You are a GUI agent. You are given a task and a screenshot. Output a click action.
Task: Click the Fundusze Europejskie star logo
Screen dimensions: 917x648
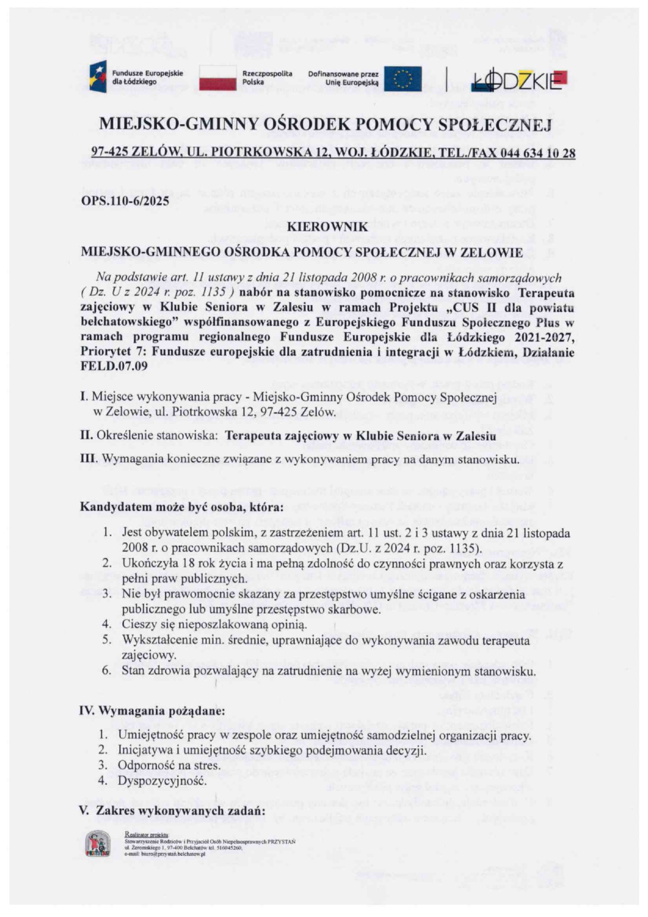(98, 77)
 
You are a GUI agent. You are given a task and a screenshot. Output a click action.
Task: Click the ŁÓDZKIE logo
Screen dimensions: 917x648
(519, 80)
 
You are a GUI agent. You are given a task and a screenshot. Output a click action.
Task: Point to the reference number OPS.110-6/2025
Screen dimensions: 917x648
(125, 201)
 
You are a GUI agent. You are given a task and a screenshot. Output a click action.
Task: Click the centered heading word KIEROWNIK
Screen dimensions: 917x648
(328, 227)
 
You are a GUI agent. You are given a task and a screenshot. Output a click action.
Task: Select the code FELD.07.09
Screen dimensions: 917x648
(114, 366)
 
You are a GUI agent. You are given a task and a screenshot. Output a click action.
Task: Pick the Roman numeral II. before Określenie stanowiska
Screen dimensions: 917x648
(86, 435)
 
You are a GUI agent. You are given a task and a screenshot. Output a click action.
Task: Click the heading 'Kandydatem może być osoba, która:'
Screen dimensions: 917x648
(181, 507)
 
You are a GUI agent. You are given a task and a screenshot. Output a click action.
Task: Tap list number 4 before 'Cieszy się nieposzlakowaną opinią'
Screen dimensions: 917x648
(107, 624)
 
